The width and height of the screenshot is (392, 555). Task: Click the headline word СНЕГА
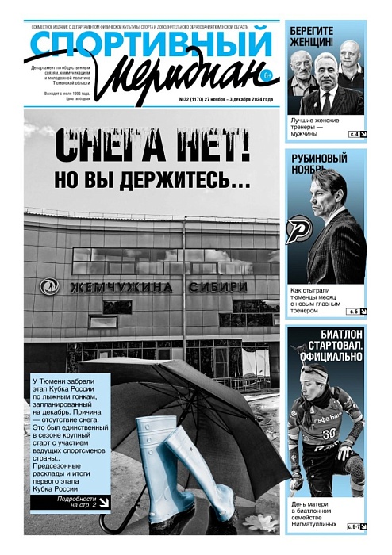(x=112, y=147)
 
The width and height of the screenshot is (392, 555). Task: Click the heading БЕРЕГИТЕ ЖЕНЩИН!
(x=325, y=35)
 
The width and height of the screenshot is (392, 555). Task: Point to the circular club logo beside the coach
(x=299, y=229)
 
